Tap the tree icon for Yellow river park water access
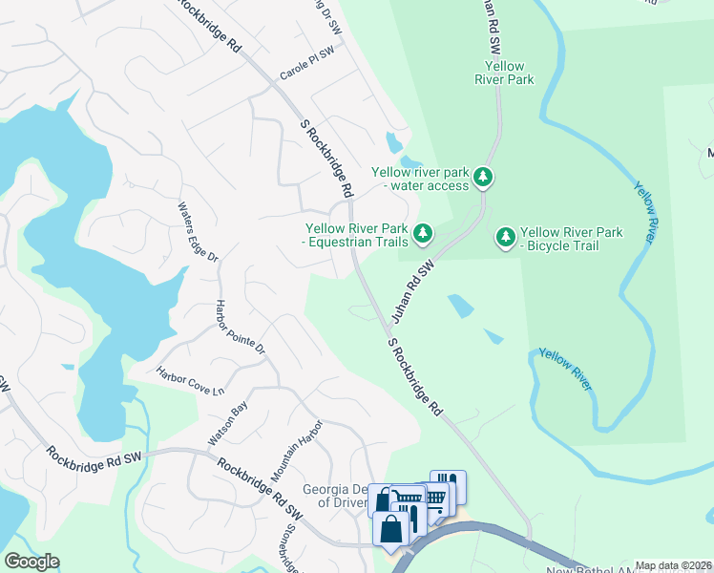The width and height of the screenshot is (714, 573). (484, 177)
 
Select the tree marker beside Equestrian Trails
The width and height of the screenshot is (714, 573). (422, 232)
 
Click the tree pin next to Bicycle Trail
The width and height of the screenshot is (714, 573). (506, 236)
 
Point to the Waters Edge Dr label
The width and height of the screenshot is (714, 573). (199, 232)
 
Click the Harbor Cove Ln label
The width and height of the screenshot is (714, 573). (190, 384)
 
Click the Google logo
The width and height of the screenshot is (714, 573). (31, 562)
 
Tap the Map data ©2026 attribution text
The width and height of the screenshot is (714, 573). (673, 565)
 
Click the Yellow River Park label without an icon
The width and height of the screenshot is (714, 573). (504, 74)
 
